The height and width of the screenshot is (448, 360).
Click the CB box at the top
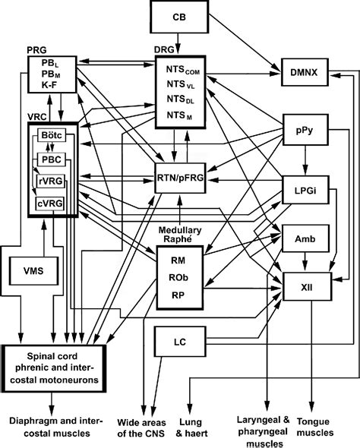tap(179, 15)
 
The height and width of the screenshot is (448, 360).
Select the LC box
tap(179, 341)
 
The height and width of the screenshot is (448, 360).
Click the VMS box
tap(32, 270)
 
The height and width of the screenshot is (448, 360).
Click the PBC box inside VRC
tap(50, 159)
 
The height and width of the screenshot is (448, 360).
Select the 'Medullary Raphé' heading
tap(179, 234)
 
